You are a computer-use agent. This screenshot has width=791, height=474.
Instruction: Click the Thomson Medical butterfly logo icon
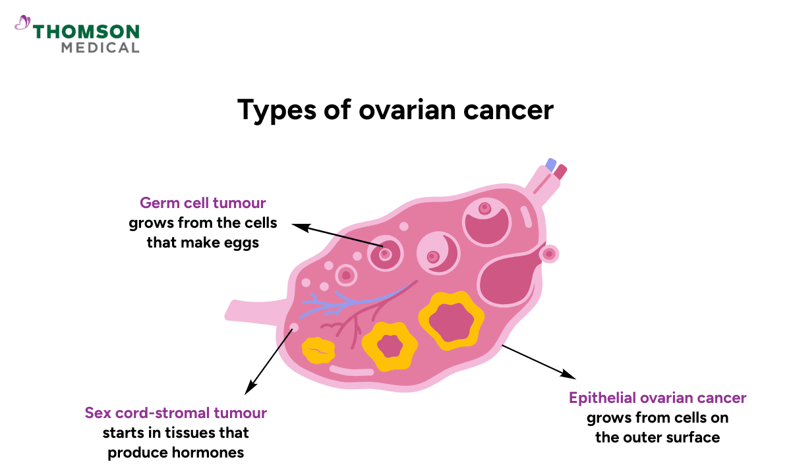click(22, 24)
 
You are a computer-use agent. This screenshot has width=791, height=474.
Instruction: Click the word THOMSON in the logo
click(86, 31)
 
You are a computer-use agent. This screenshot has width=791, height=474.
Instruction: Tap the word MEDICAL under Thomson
click(100, 47)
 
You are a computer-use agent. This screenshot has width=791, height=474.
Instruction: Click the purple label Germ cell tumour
click(202, 203)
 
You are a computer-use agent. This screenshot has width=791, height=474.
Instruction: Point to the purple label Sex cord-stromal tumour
click(175, 413)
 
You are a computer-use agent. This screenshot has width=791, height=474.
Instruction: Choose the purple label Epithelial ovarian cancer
click(657, 398)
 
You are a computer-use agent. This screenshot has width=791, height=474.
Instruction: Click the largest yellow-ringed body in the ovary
click(452, 320)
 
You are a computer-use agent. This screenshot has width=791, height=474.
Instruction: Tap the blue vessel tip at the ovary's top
click(550, 165)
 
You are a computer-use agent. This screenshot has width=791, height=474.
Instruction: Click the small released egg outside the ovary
click(548, 253)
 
